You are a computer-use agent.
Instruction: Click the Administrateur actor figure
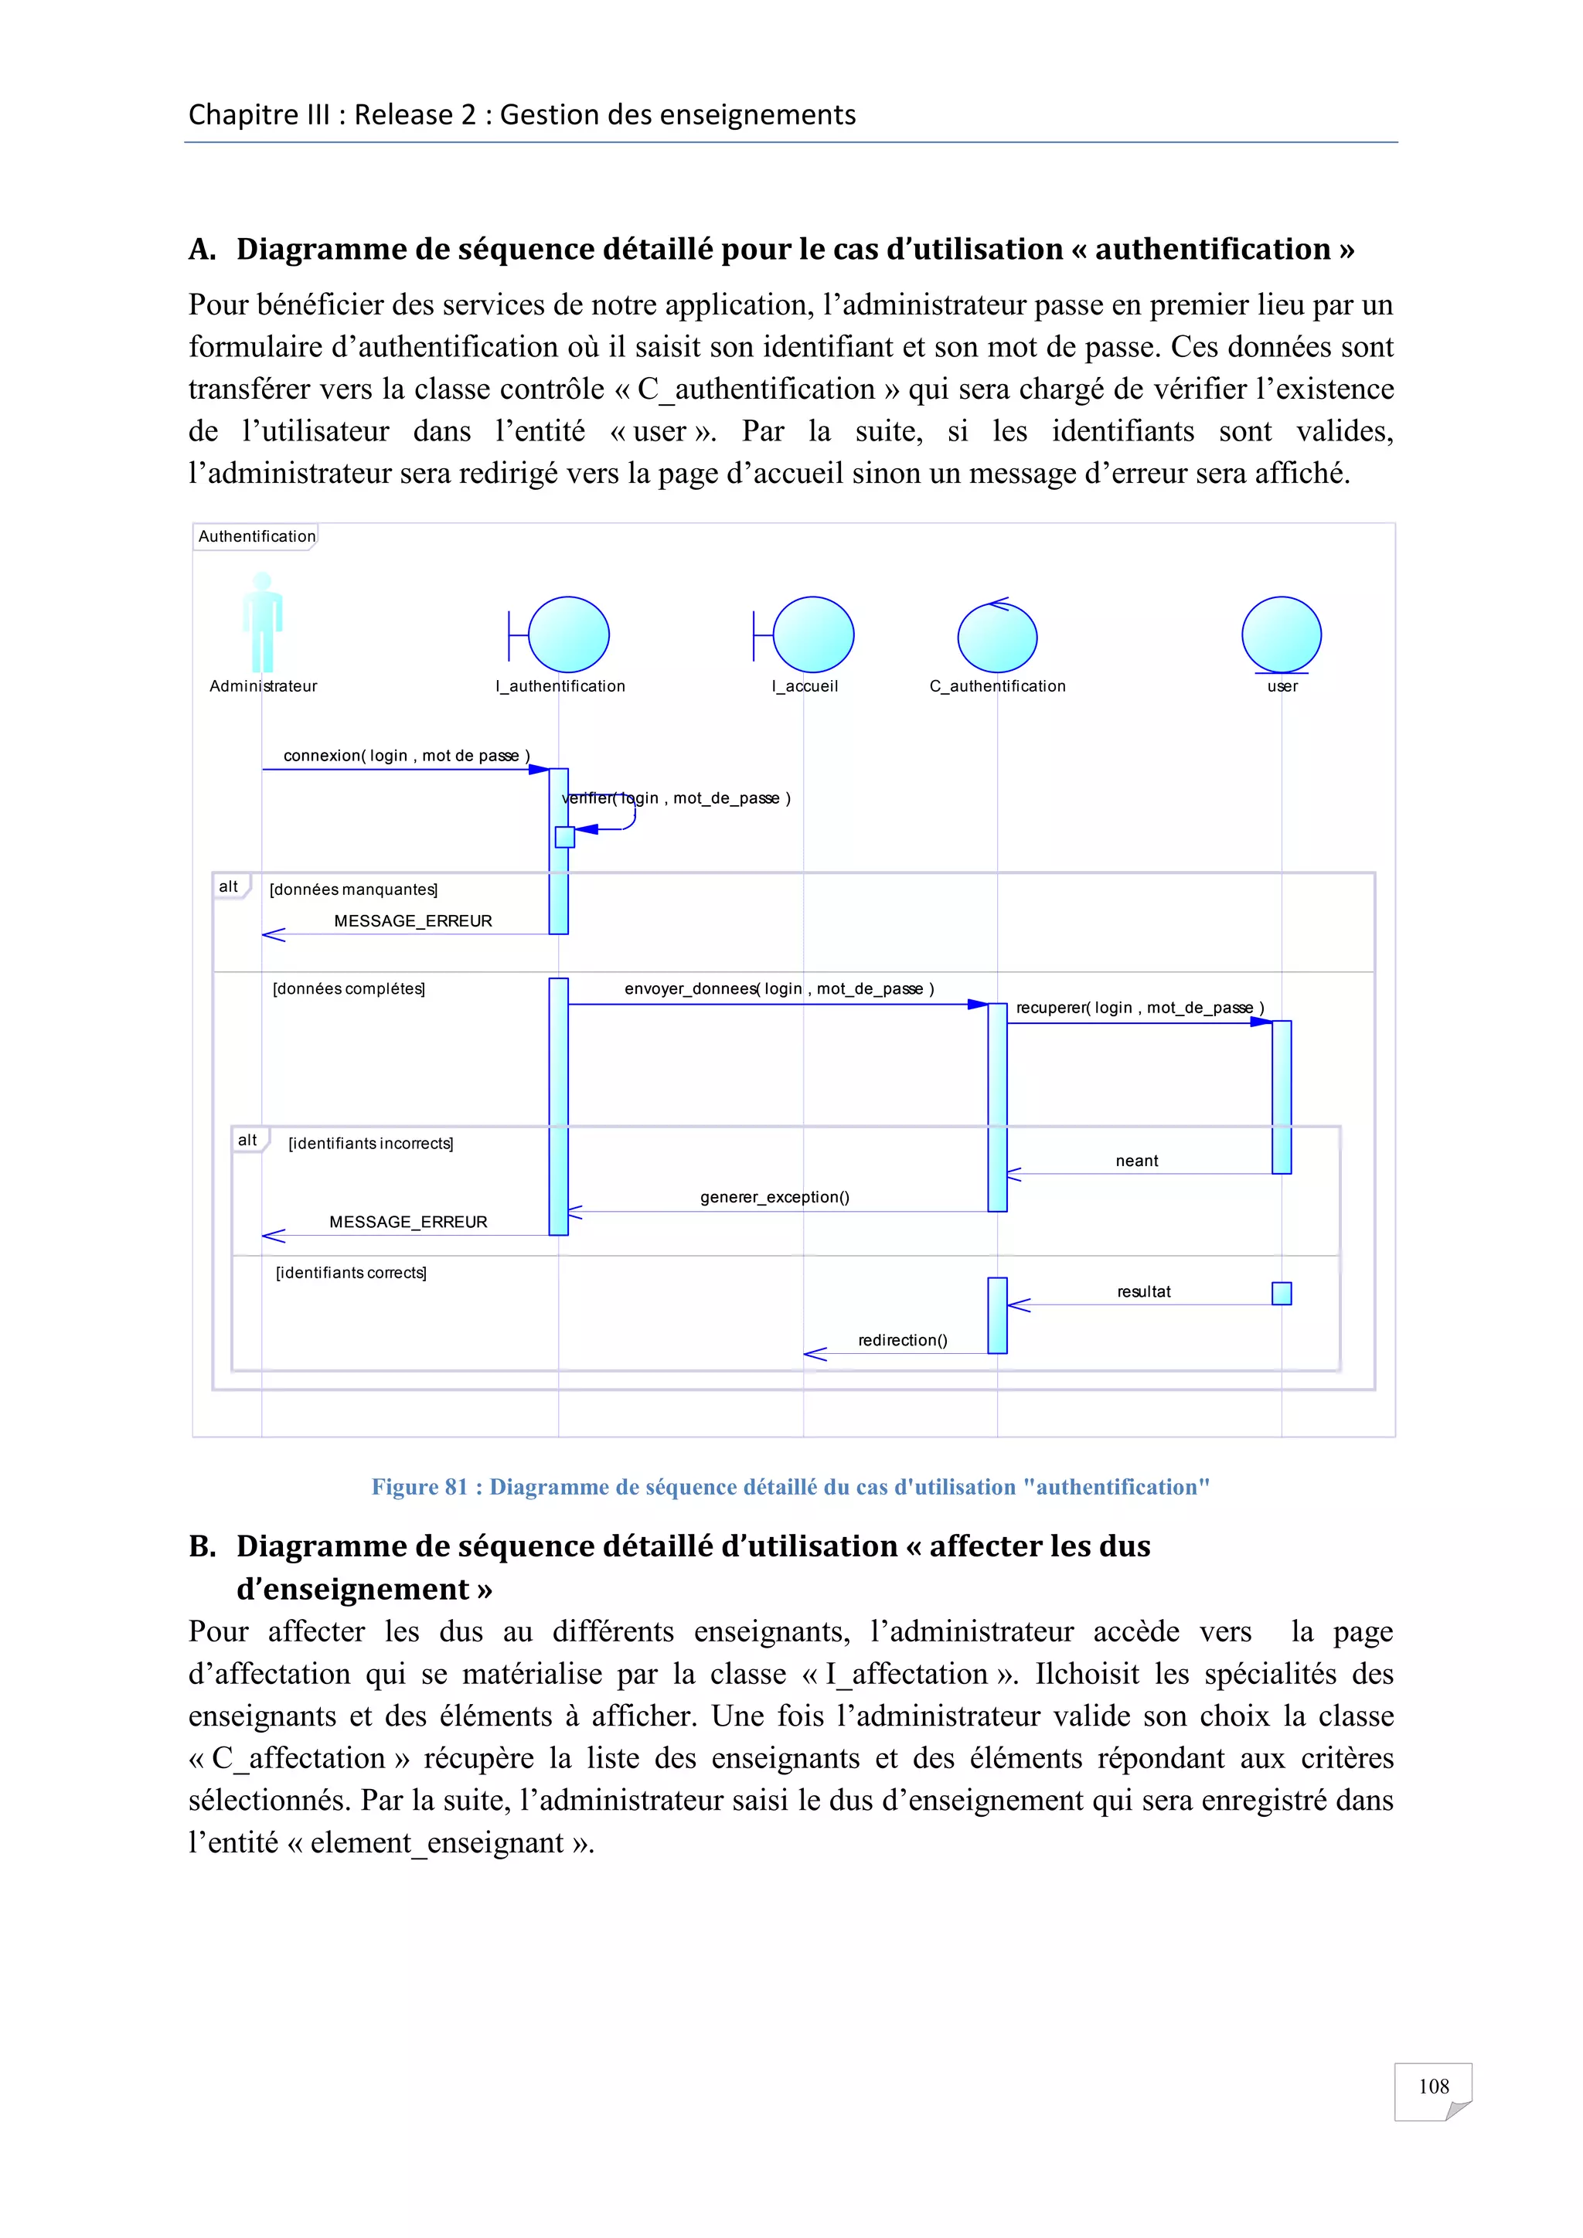click(262, 624)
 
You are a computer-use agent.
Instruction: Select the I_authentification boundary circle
click(568, 634)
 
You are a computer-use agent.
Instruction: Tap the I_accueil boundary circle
click(813, 634)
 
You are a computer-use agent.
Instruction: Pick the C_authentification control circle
click(997, 638)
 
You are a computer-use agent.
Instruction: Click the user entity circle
click(1281, 634)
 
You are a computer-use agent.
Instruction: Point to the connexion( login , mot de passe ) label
click(407, 756)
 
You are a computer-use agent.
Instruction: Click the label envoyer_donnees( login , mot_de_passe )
click(779, 988)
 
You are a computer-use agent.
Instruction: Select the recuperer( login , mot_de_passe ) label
click(1139, 1008)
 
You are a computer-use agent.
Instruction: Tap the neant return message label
click(1136, 1161)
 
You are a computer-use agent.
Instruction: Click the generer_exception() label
click(775, 1197)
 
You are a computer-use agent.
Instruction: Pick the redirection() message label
click(903, 1340)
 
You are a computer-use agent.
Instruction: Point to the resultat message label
click(1143, 1291)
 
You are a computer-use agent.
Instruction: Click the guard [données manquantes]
click(354, 889)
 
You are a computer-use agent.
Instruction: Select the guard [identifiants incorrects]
click(370, 1144)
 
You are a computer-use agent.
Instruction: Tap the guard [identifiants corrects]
click(351, 1273)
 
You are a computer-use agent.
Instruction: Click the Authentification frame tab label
click(257, 536)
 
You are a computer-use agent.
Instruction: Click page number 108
click(1433, 2086)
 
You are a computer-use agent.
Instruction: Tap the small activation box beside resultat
click(1281, 1294)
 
